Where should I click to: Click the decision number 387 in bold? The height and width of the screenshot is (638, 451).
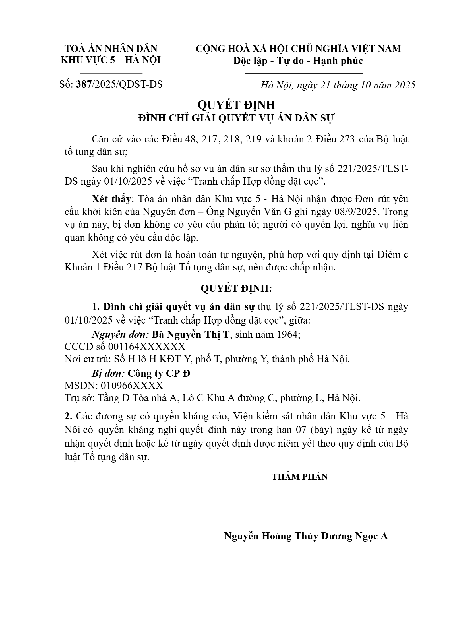click(x=83, y=84)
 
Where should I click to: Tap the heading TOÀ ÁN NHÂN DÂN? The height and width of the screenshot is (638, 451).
click(x=111, y=49)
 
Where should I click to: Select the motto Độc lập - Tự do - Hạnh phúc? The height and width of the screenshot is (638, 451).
click(x=298, y=61)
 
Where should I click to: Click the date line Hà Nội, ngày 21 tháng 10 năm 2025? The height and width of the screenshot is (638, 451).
click(x=338, y=85)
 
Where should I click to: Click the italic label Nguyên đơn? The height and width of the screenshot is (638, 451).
click(x=120, y=334)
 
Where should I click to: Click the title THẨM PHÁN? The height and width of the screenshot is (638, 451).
click(x=300, y=477)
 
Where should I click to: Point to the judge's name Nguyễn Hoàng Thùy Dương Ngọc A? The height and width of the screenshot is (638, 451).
click(x=306, y=536)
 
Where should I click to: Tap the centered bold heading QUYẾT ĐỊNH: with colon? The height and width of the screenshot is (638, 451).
click(x=236, y=289)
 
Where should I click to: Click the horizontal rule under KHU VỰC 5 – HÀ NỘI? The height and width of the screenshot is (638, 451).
click(x=111, y=74)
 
